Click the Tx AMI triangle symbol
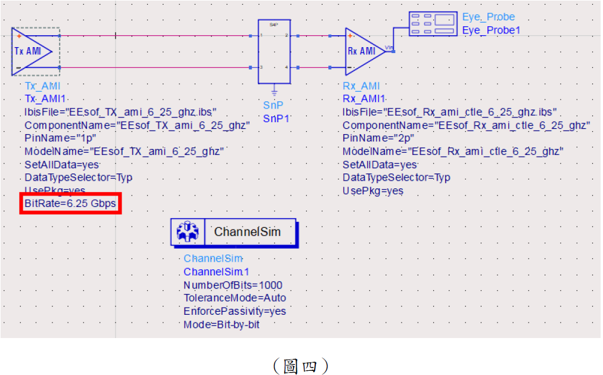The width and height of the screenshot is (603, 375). (30, 51)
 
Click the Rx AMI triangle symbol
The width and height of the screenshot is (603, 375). (363, 51)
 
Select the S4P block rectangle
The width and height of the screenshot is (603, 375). (273, 52)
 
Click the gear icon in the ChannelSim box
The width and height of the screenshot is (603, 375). (187, 232)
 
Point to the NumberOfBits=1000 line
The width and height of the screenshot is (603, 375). (233, 285)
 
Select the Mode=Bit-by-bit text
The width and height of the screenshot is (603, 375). (221, 324)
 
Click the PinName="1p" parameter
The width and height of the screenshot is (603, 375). (52, 138)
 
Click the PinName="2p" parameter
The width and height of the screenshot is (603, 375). (371, 138)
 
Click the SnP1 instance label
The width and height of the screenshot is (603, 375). (276, 118)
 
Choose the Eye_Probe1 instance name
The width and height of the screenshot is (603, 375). (491, 30)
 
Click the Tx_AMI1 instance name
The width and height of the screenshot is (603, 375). (45, 98)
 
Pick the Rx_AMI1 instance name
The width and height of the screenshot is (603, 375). (363, 98)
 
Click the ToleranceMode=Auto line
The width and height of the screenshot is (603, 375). (234, 298)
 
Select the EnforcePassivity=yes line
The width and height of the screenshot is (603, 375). (234, 311)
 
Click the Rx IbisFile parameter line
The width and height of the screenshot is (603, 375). (449, 111)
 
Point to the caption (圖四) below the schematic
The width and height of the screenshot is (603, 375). (300, 365)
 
